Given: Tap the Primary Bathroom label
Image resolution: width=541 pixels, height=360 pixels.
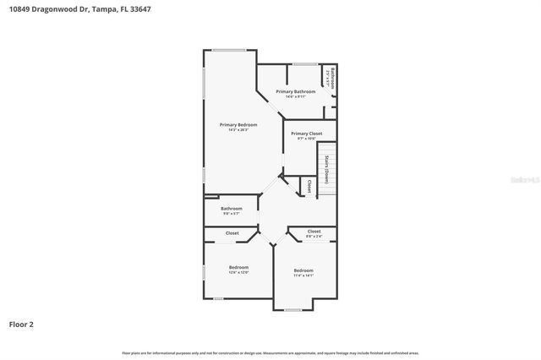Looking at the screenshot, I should pyautogui.click(x=296, y=91).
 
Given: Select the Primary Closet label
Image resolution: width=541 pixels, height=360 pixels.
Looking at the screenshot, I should pyautogui.click(x=308, y=134).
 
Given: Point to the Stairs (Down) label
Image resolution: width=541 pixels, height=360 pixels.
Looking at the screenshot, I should pyautogui.click(x=326, y=169).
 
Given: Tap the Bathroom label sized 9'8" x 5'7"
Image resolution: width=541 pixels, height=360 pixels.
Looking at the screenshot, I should pyautogui.click(x=232, y=208).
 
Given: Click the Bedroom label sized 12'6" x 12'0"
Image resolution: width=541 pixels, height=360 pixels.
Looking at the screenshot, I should pyautogui.click(x=238, y=267).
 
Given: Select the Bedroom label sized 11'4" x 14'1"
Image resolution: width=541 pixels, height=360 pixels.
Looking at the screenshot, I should pyautogui.click(x=303, y=270).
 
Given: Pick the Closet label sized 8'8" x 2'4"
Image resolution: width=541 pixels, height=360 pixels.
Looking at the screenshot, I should pyautogui.click(x=314, y=231).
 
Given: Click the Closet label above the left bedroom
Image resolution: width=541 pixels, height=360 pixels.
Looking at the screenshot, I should pyautogui.click(x=232, y=232).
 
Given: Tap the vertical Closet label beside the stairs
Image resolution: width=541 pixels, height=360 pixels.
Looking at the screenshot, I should pyautogui.click(x=309, y=186).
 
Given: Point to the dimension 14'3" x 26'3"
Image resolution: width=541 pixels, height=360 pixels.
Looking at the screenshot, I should pyautogui.click(x=238, y=130).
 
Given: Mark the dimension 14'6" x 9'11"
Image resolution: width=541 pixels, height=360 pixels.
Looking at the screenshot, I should pyautogui.click(x=295, y=96).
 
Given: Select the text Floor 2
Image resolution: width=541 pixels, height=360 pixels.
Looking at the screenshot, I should pyautogui.click(x=21, y=324).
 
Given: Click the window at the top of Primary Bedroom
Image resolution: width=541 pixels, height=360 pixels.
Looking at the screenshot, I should pyautogui.click(x=229, y=51).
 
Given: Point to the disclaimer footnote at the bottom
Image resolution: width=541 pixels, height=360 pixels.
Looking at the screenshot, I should pyautogui.click(x=270, y=352).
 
